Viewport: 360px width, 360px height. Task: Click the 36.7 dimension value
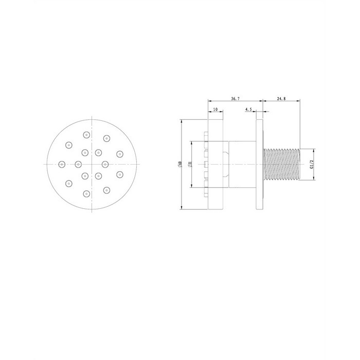(x=235, y=99)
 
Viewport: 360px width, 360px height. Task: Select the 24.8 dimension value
(x=281, y=99)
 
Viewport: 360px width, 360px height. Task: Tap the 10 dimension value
(x=215, y=110)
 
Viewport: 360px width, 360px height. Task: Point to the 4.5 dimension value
(x=248, y=110)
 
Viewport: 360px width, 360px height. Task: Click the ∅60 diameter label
(x=180, y=165)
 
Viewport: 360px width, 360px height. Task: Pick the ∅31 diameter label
(x=190, y=165)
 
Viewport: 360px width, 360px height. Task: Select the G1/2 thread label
(x=312, y=165)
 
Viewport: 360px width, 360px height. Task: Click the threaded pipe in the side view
(x=282, y=165)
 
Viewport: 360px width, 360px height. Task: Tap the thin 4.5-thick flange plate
(x=259, y=165)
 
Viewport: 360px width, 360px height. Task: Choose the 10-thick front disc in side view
(x=215, y=165)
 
